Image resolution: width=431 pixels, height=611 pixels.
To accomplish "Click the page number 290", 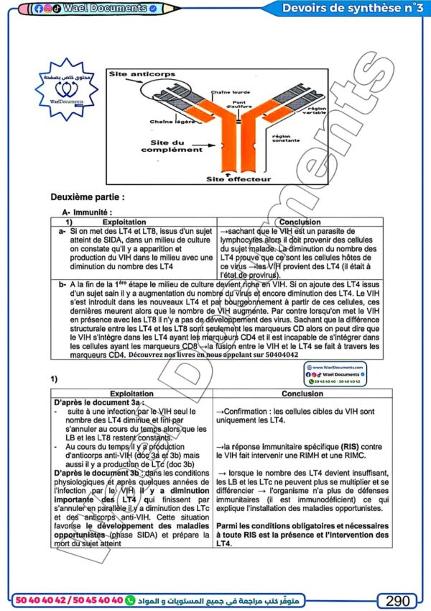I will (397, 600).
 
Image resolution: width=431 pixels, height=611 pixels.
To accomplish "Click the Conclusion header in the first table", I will (300, 222).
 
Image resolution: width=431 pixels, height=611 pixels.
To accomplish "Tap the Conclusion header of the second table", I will (302, 394).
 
